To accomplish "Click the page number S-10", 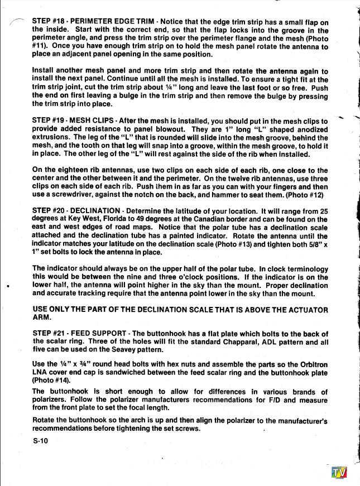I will (x=41, y=441).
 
